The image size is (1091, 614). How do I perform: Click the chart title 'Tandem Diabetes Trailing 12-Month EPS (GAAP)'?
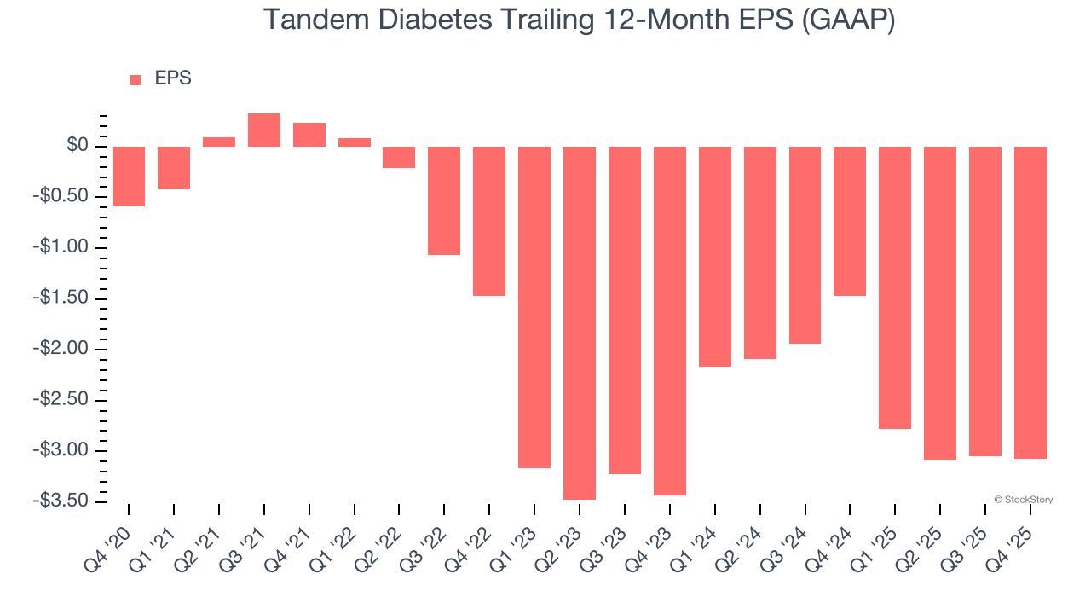point(579,19)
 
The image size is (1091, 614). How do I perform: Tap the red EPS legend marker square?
point(136,80)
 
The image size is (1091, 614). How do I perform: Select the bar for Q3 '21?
point(264,130)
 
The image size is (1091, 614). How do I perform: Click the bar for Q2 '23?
point(580,322)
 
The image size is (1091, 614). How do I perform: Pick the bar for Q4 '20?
point(129,177)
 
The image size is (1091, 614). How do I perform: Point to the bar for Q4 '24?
point(850,221)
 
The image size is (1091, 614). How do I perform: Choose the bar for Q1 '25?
point(895,287)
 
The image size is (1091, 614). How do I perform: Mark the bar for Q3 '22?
point(444,200)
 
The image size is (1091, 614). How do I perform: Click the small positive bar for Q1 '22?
point(355,142)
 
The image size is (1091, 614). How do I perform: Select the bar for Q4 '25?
point(1030,303)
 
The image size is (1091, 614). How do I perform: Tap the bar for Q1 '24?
point(715,257)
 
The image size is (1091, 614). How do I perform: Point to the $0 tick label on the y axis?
point(78,146)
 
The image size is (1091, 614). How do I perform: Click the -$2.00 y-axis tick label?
point(61,349)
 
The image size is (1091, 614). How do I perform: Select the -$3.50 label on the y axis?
point(61,501)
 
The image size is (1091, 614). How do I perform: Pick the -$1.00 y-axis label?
point(61,247)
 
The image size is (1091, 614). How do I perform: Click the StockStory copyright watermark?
point(1023,500)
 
